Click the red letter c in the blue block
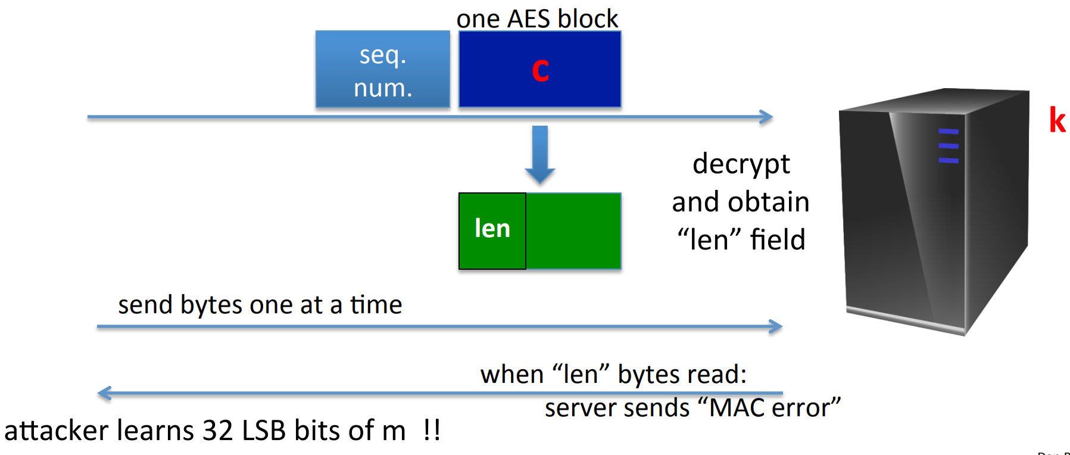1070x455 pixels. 540,71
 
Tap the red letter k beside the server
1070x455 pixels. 1057,120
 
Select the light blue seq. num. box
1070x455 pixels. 382,70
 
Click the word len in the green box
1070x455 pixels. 492,229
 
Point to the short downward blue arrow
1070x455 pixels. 540,155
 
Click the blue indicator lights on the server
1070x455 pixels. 949,146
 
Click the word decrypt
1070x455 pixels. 741,165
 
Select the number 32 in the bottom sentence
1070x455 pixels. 218,431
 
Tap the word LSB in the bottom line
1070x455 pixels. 264,431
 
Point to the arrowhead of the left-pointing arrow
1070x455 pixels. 104,393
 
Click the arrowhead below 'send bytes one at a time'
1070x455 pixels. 775,326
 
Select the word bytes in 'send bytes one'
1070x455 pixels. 212,306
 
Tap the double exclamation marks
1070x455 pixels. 432,430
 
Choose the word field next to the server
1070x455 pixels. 778,240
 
